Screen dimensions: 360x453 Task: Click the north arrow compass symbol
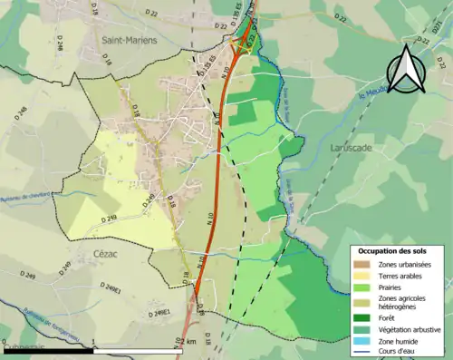[x=408, y=71]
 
